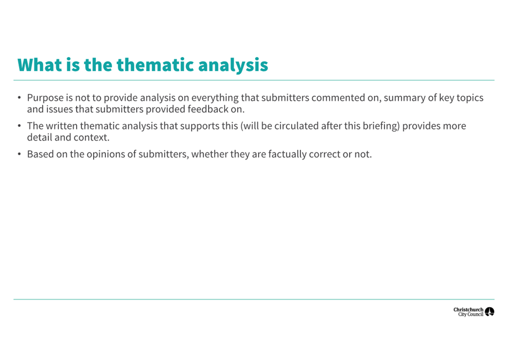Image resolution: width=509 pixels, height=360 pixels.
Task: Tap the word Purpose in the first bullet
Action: click(45, 98)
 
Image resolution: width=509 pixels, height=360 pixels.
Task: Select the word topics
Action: click(469, 98)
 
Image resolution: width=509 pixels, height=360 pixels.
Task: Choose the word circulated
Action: click(293, 126)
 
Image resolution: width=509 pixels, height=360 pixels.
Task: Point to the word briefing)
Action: click(380, 126)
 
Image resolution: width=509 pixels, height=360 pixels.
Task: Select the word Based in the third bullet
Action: click(40, 154)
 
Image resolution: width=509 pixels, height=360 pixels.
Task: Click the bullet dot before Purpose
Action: click(19, 98)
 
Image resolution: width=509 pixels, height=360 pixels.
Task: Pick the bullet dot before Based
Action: click(19, 154)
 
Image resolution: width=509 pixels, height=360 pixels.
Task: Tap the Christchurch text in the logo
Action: click(468, 309)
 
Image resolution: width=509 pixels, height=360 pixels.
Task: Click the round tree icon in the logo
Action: click(489, 312)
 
